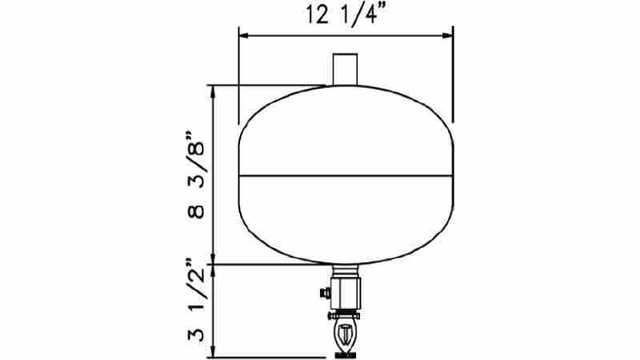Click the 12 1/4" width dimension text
(346, 14)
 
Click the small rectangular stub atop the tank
(346, 67)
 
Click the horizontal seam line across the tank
(346, 174)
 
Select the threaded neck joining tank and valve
(346, 270)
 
